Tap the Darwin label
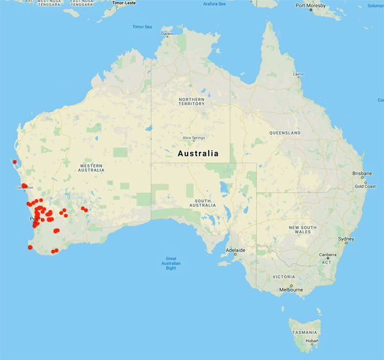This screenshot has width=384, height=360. pyautogui.click(x=167, y=33)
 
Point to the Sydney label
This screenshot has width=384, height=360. pyautogui.click(x=346, y=239)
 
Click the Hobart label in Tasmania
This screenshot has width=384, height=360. pyautogui.click(x=312, y=340)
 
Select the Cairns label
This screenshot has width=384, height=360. pyautogui.click(x=297, y=74)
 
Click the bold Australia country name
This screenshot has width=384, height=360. pyautogui.click(x=196, y=154)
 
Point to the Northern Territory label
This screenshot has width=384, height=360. pyautogui.click(x=191, y=102)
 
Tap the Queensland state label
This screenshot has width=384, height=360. pyautogui.click(x=285, y=133)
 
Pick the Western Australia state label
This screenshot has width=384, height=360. pyautogui.click(x=91, y=167)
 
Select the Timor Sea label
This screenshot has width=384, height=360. pyautogui.click(x=142, y=27)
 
